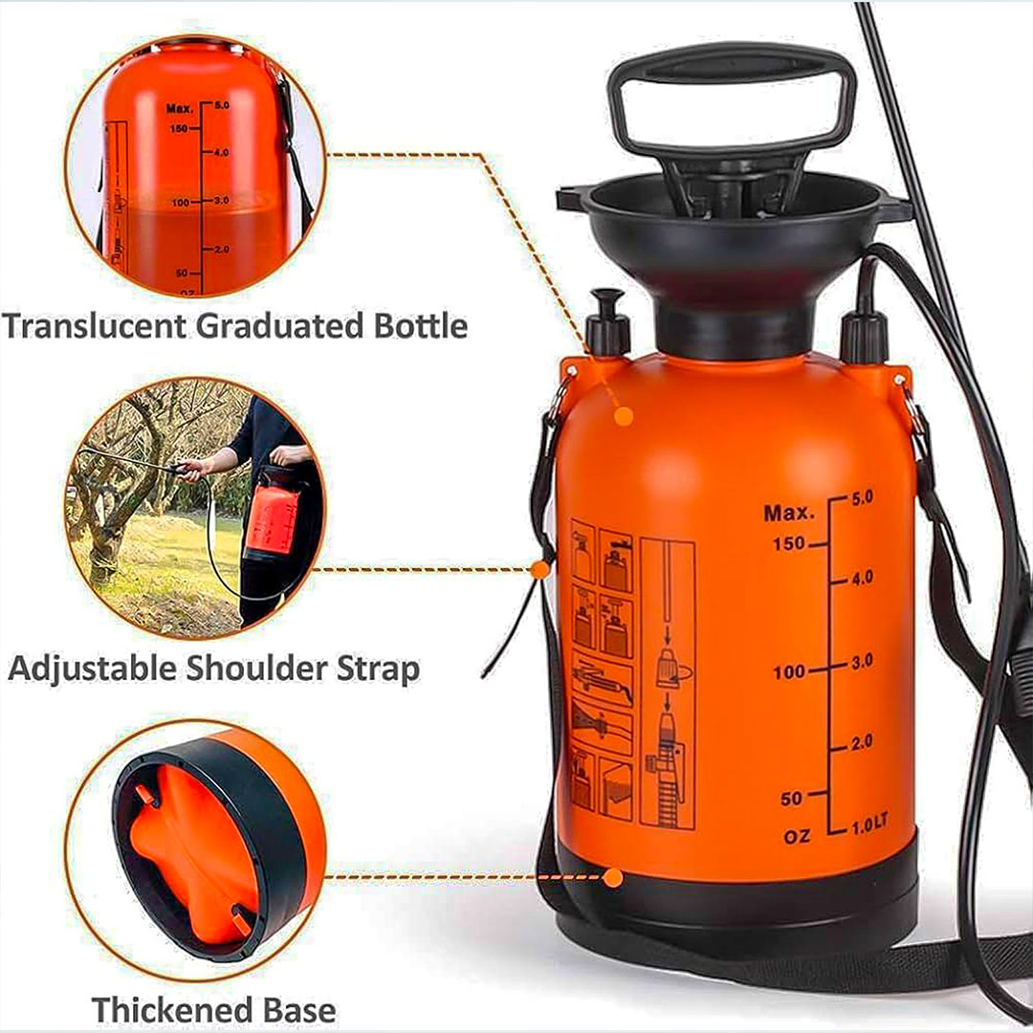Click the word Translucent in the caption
[94, 325]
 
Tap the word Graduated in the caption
[280, 325]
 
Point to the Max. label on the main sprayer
[788, 513]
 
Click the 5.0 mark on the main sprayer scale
[863, 498]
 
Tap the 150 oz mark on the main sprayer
[788, 543]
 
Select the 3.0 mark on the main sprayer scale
[862, 661]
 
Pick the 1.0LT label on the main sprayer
[869, 824]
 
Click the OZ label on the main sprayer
[797, 837]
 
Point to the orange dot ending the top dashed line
[624, 416]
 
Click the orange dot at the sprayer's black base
[613, 877]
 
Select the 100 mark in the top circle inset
[180, 202]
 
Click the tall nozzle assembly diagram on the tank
[668, 683]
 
